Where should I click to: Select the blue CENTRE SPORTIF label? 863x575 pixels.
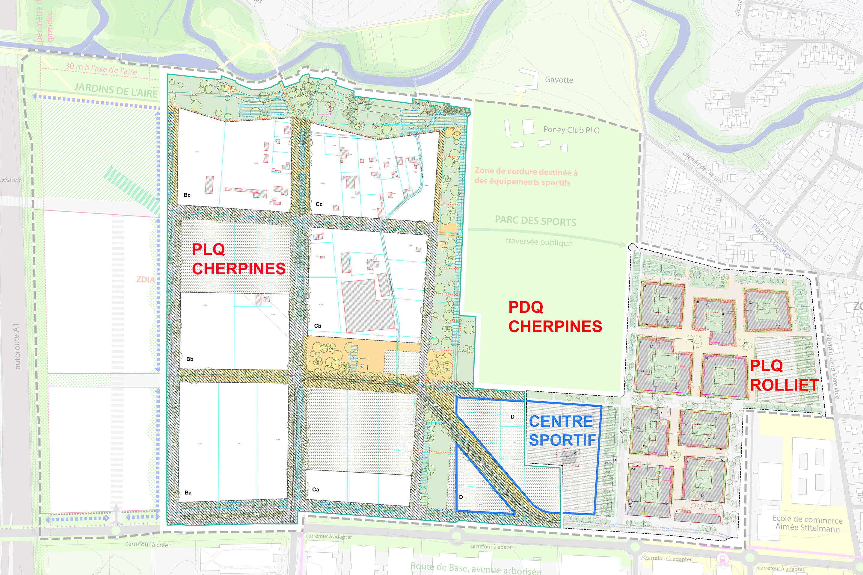(562, 431)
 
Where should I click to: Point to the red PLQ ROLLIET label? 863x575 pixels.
(784, 376)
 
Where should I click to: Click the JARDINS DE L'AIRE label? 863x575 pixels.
(116, 90)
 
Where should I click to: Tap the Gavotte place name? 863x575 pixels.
(559, 80)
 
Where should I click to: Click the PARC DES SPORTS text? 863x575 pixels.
(535, 221)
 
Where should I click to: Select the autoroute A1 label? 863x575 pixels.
(16, 346)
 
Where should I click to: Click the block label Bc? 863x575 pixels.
(187, 195)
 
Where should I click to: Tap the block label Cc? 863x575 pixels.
(319, 204)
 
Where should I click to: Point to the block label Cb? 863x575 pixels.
(318, 326)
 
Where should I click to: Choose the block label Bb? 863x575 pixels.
(190, 359)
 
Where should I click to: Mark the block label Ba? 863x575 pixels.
(188, 492)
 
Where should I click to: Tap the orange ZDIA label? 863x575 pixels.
(145, 279)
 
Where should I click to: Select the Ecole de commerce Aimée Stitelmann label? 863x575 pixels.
(807, 523)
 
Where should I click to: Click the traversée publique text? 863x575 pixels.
(539, 242)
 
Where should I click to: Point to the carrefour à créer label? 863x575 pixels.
(147, 544)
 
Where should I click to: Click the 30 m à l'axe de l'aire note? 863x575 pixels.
(101, 69)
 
